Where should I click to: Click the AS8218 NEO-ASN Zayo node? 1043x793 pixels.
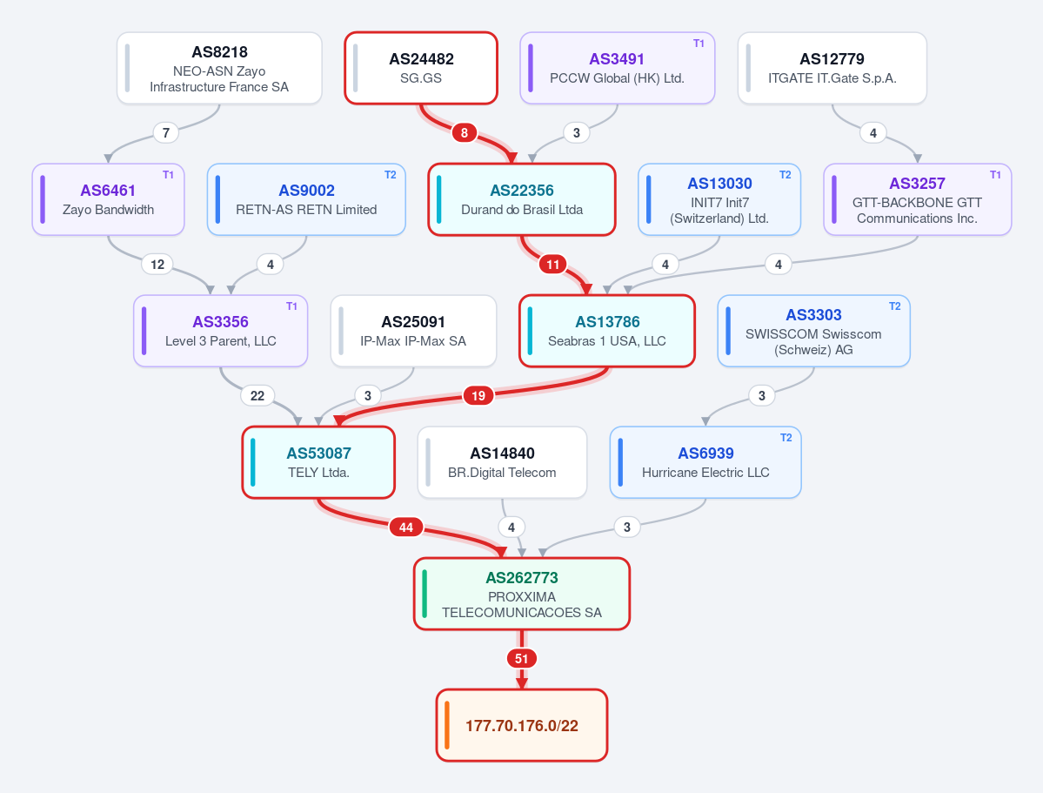click(x=219, y=68)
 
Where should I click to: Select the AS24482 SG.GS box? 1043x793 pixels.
click(x=421, y=68)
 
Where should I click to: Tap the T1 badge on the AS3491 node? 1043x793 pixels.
click(x=699, y=44)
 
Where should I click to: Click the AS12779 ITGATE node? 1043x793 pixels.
click(x=832, y=68)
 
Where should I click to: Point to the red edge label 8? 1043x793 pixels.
click(x=465, y=132)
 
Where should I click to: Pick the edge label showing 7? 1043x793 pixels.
click(x=165, y=132)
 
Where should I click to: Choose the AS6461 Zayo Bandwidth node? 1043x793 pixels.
click(x=109, y=199)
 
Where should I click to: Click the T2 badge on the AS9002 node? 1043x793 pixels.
click(x=391, y=175)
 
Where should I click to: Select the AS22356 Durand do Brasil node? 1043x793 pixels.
click(x=522, y=199)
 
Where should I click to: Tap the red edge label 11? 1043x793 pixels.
click(x=552, y=265)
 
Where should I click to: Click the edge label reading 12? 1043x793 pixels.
click(x=157, y=265)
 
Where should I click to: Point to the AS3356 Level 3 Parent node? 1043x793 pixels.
click(x=221, y=331)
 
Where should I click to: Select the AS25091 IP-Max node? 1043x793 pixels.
click(x=414, y=331)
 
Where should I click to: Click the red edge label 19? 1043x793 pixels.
click(x=478, y=395)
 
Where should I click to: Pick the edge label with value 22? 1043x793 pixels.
click(x=257, y=395)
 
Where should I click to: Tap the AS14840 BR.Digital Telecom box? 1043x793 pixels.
click(x=502, y=462)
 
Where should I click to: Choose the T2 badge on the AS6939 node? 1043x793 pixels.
click(x=786, y=438)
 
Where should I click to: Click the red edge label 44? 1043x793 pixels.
click(x=405, y=528)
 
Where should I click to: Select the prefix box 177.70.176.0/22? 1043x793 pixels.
click(x=522, y=725)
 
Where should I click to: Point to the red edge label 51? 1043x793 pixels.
click(x=522, y=658)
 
